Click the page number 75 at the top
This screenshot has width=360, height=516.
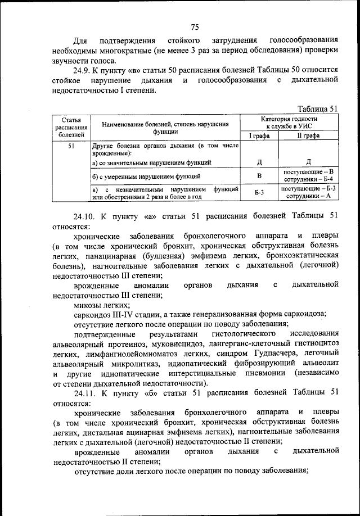click(x=195, y=27)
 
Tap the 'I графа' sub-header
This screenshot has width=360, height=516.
click(x=259, y=135)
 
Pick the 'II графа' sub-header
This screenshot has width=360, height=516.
click(x=308, y=135)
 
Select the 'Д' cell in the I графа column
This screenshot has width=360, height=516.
click(x=259, y=162)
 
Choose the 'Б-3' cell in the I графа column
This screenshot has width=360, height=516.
click(x=259, y=193)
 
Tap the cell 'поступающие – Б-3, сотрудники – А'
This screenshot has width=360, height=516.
click(x=308, y=192)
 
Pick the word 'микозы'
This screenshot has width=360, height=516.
click(x=89, y=304)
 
